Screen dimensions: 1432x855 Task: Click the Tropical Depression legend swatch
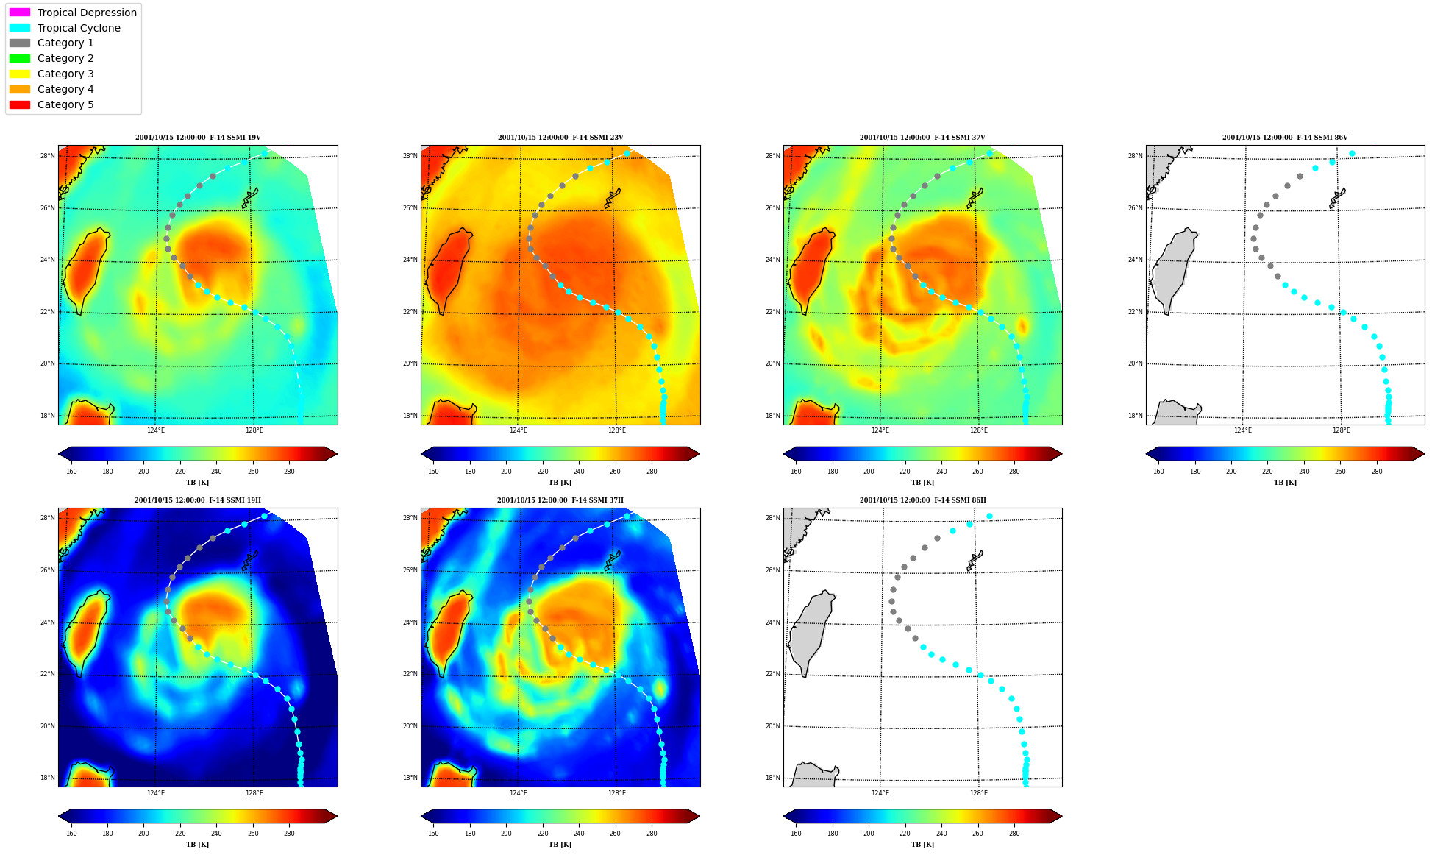point(20,13)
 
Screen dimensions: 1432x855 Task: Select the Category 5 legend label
point(65,104)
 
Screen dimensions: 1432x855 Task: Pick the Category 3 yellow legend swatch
point(20,74)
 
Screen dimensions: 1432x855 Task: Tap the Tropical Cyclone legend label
point(79,28)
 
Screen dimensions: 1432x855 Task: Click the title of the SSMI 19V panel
point(198,138)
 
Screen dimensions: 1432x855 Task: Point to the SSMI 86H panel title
point(923,500)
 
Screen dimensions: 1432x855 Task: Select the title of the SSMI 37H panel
point(560,500)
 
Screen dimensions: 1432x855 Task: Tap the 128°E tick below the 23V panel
point(616,430)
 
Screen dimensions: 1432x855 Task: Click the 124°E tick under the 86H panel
point(880,793)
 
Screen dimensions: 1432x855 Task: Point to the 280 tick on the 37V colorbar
point(1014,472)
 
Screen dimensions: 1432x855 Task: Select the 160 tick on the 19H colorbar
point(71,834)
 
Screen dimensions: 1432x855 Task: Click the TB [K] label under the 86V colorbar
point(1285,483)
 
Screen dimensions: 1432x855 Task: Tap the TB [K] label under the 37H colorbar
point(560,845)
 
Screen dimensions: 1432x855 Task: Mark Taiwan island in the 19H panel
point(86,633)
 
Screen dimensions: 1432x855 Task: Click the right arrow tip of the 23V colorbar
point(699,454)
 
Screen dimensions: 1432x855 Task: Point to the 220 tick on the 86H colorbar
point(905,834)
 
